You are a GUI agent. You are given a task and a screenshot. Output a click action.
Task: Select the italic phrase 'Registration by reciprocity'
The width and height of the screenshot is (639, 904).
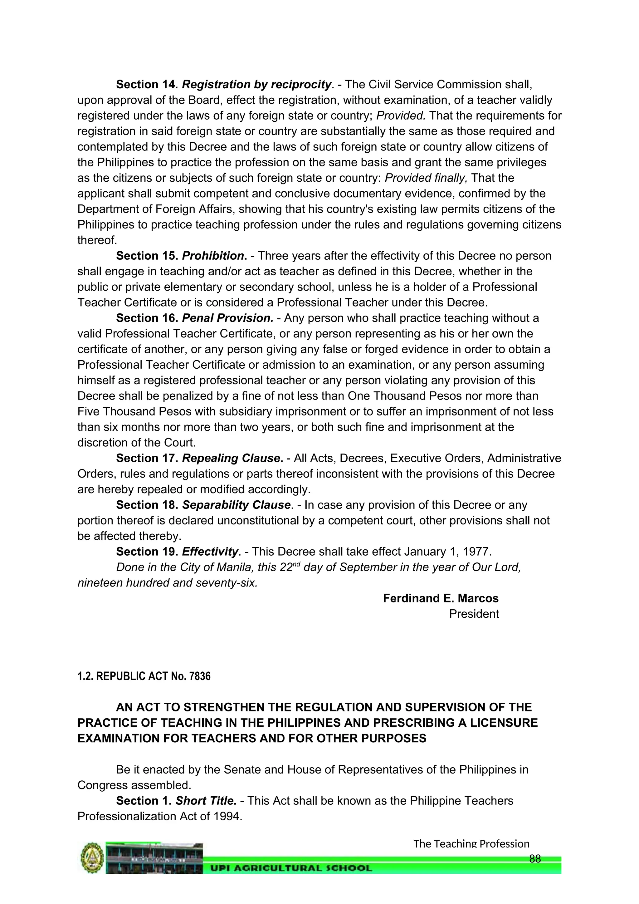(256, 85)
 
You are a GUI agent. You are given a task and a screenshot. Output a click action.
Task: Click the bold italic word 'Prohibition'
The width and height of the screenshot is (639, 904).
(213, 256)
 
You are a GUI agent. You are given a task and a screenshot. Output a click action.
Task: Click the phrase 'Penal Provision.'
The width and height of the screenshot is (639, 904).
(227, 318)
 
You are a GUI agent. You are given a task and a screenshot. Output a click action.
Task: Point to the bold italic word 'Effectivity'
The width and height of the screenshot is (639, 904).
(210, 552)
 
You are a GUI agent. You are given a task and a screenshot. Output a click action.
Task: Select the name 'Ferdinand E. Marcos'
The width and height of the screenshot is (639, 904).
(440, 598)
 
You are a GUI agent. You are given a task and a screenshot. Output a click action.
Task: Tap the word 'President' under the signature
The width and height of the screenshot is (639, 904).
(473, 614)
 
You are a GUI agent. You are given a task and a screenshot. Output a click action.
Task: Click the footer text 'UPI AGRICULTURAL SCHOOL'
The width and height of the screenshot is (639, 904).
(291, 868)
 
